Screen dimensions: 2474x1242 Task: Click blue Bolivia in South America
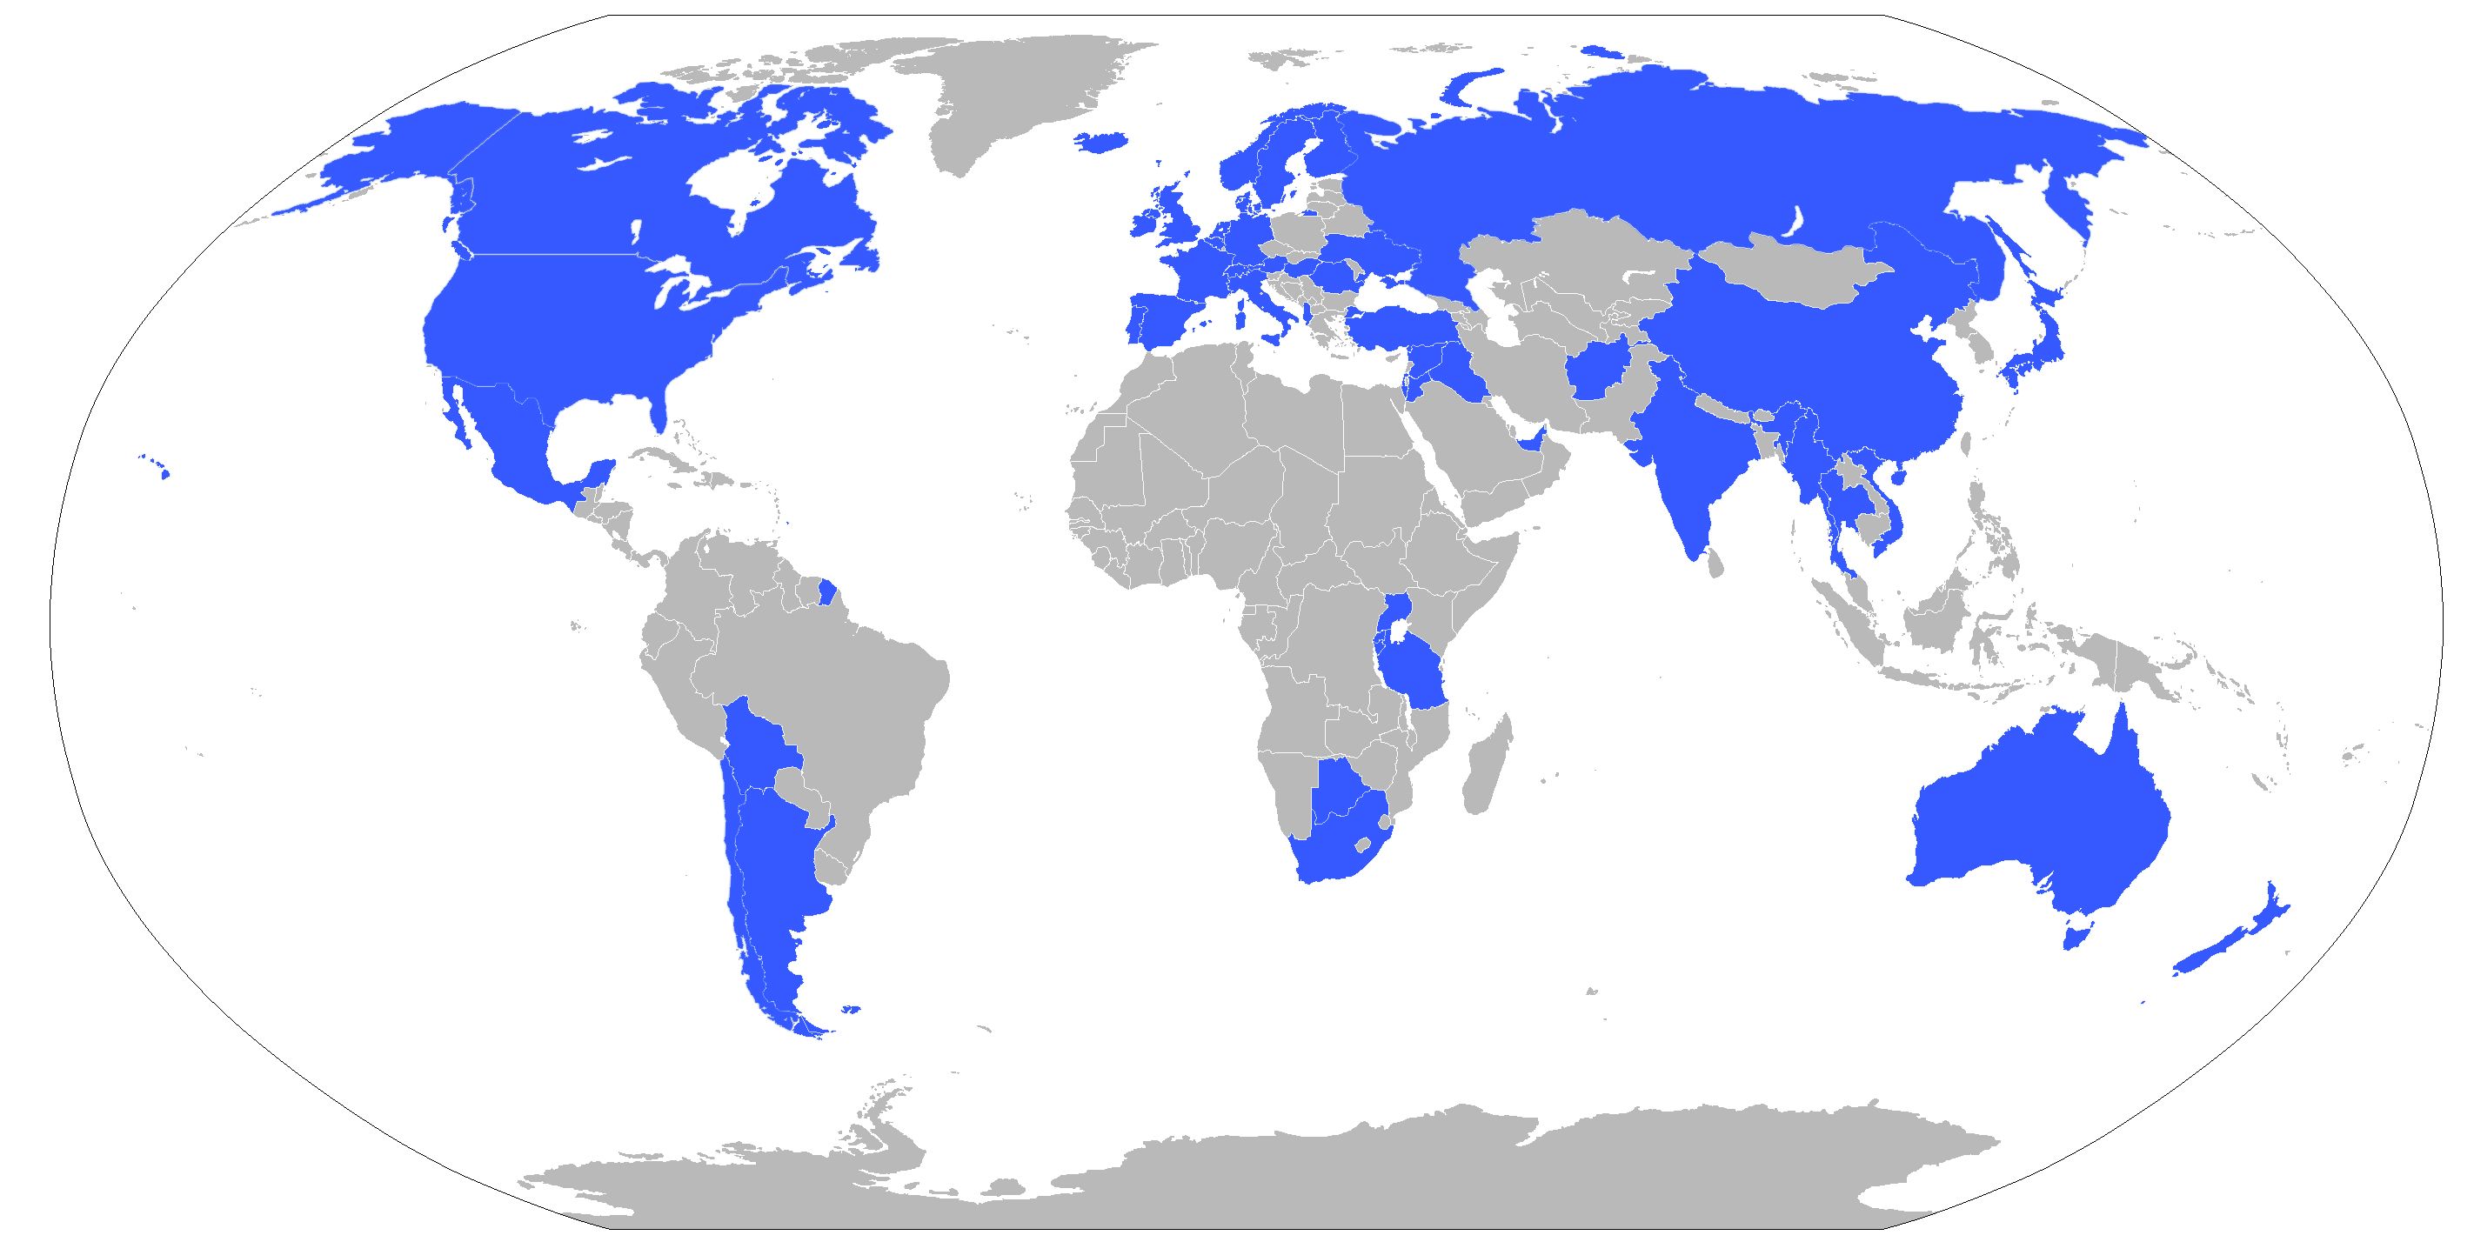(759, 749)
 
